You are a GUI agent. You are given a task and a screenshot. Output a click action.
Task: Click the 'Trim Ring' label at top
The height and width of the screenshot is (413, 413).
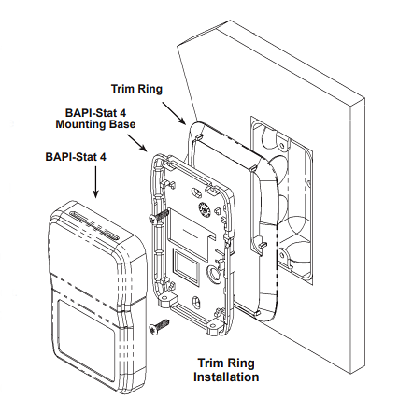136,89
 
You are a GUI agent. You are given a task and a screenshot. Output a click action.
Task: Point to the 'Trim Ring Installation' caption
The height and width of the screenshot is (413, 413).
224,370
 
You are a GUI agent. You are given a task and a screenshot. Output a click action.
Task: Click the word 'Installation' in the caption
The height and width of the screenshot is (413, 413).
224,377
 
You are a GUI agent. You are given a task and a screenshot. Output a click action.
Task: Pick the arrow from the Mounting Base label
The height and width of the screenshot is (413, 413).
135,141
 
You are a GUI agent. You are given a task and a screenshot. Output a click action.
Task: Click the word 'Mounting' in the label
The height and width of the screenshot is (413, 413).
81,123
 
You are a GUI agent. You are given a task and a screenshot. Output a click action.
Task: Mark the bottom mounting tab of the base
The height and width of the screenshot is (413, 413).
217,328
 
